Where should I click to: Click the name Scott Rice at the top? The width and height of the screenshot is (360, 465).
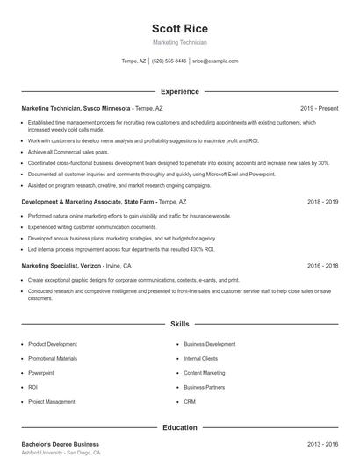point(179,28)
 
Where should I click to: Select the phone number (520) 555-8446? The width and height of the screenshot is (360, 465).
point(169,61)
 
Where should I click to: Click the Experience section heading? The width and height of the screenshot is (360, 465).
point(179,91)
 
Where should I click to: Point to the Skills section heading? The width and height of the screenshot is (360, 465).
point(179,324)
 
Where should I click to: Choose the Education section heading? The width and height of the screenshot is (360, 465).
point(179,427)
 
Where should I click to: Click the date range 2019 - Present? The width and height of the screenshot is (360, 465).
point(319,108)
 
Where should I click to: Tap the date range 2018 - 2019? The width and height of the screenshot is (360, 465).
point(322,201)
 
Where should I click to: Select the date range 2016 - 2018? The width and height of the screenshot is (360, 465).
point(322,265)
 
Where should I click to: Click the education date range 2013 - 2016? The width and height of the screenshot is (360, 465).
point(322,445)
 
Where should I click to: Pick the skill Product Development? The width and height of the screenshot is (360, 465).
point(53,345)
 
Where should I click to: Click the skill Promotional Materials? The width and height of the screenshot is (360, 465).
point(53,359)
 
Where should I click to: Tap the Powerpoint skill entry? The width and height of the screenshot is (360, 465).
point(42,373)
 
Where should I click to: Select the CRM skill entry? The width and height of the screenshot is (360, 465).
point(190,401)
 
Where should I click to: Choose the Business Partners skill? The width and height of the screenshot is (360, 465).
point(204,387)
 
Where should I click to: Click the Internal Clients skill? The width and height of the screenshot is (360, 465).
point(200,359)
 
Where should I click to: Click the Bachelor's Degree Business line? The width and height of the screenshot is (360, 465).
point(60,445)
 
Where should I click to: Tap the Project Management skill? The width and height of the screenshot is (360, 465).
point(51,401)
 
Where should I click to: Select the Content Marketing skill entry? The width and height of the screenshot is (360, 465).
point(204,373)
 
